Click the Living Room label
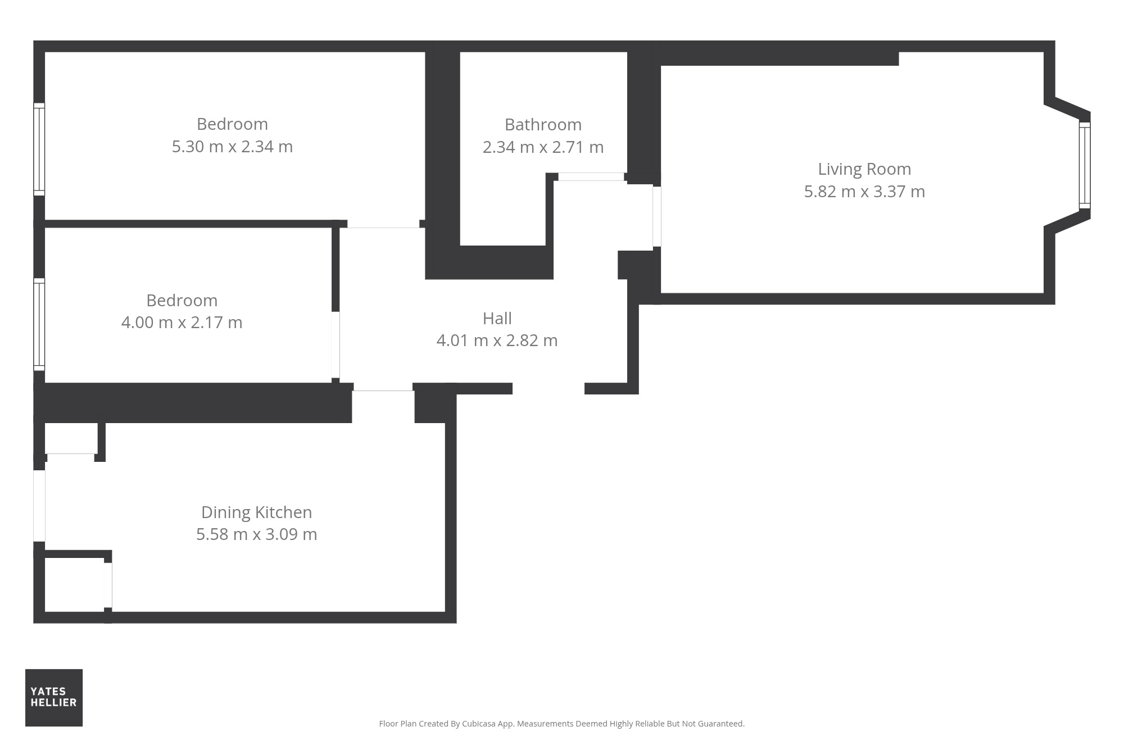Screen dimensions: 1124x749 coord(864,169)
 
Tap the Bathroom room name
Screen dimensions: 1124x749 coord(543,124)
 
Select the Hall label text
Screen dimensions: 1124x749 coord(497,319)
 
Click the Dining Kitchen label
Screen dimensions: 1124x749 coord(257,512)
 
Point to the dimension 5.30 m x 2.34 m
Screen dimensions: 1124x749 coord(232,147)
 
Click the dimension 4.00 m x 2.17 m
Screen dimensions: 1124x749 coord(182,323)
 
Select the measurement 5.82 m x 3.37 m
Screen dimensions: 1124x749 coord(864,192)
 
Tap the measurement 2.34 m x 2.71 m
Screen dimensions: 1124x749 coord(543,147)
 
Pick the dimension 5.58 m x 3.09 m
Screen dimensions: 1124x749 coord(257,534)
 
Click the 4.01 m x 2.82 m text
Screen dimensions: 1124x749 coord(497,341)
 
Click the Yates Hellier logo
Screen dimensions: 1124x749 coord(54,697)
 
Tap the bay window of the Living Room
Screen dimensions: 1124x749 coord(1085,165)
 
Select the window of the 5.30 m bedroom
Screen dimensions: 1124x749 coord(39,149)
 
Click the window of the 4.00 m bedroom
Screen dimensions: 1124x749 coord(39,324)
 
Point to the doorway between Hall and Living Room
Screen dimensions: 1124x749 coord(656,216)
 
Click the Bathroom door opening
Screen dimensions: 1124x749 coord(591,177)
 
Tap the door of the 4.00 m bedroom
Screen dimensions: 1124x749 coord(336,344)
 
